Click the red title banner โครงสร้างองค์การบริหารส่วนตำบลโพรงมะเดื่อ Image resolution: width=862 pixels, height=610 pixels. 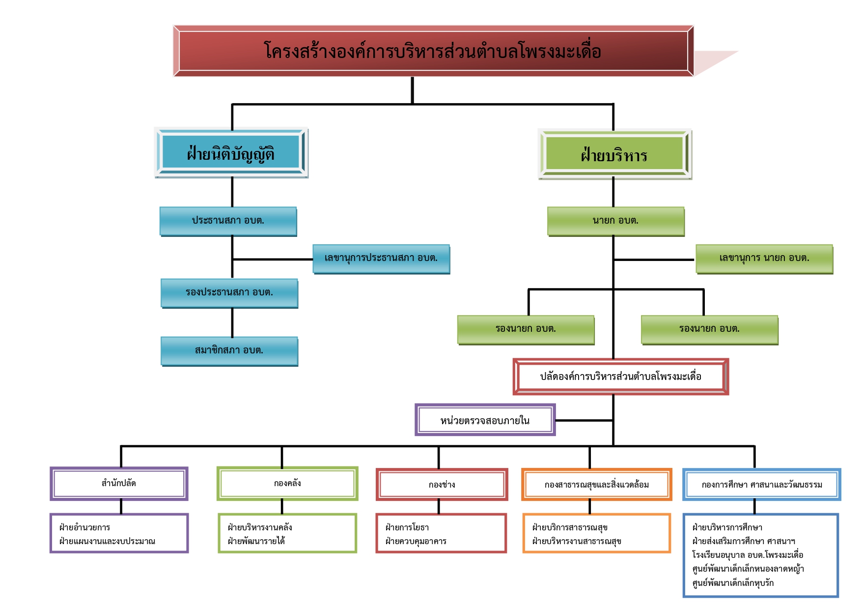coord(433,51)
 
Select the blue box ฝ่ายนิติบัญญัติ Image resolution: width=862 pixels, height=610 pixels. coord(231,153)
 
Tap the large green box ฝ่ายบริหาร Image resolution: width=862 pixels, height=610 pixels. coord(614,155)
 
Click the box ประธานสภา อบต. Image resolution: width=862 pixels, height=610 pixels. coord(228,221)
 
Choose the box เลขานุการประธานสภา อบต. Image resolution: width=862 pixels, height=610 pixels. coord(381,258)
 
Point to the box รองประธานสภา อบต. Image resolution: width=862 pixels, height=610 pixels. coord(229,292)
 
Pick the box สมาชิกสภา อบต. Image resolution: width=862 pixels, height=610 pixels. coord(229,350)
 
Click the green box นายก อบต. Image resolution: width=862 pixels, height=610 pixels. coord(615,221)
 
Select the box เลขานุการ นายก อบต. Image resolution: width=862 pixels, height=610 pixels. coord(764,258)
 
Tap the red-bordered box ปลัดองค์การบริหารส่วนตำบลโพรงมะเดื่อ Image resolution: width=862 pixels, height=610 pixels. coord(620,377)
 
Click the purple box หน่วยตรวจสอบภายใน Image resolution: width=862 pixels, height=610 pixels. coord(485,420)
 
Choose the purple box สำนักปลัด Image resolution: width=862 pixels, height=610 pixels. coord(119,484)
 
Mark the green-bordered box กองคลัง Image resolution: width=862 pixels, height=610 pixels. coord(287,484)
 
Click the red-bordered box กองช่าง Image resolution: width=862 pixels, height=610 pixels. coord(442,485)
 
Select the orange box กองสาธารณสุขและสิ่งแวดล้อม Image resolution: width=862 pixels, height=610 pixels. coord(596,485)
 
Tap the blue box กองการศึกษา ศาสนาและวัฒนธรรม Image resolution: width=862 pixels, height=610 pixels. coord(761,485)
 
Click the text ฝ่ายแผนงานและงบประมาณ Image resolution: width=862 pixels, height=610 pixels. coord(107,541)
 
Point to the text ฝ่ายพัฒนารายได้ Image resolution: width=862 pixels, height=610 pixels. coord(256,541)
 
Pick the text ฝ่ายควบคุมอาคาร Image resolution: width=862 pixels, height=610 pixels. coord(416,541)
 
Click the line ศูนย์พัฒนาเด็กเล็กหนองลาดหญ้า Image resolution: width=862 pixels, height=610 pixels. coord(748,569)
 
